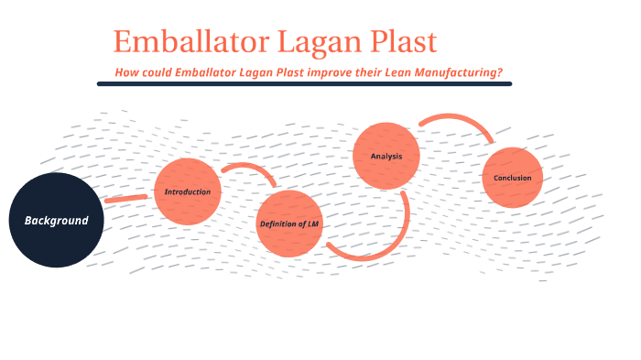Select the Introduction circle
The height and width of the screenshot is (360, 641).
tap(188, 191)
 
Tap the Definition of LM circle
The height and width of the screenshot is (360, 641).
tap(289, 223)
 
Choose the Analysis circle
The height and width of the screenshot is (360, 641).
tap(386, 156)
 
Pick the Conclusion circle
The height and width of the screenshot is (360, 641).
tap(513, 178)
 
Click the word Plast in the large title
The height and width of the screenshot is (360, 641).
tap(404, 42)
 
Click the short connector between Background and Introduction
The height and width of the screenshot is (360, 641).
tap(125, 198)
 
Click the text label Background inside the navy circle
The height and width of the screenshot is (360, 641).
tap(56, 221)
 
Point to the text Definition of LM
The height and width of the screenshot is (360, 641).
tap(289, 224)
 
